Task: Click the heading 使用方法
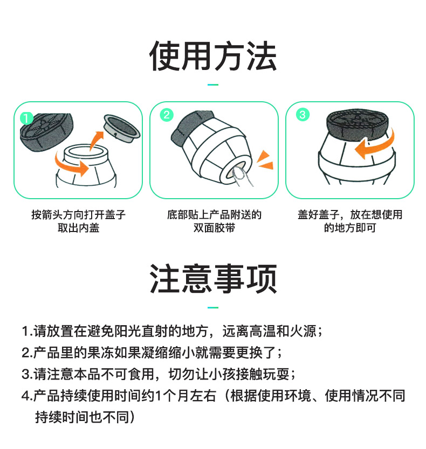click(x=213, y=55)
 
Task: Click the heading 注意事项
click(x=213, y=279)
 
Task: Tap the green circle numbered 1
click(x=26, y=118)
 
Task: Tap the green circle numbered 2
click(x=167, y=115)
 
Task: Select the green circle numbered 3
click(x=303, y=115)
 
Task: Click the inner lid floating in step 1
click(x=122, y=128)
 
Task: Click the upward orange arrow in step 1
click(x=96, y=141)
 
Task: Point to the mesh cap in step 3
click(x=358, y=124)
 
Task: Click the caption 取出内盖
click(x=78, y=228)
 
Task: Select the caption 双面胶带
click(x=214, y=228)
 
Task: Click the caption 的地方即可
click(x=349, y=228)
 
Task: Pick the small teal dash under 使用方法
click(x=213, y=85)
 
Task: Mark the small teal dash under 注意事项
click(x=213, y=307)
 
